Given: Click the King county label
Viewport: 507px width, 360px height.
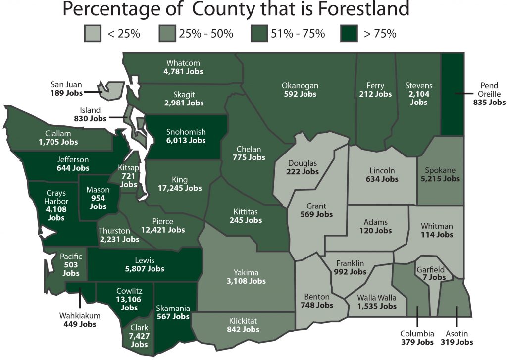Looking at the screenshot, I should coord(179,180).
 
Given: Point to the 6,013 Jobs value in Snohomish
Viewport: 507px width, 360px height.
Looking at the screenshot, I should coord(186,140).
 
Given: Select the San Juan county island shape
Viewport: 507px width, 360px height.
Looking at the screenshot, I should coord(112,90).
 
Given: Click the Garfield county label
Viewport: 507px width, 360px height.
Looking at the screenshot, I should coord(430,270).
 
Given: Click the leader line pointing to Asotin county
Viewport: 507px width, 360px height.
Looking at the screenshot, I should coord(456,315).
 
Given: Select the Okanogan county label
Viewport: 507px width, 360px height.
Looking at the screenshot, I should coord(300,85).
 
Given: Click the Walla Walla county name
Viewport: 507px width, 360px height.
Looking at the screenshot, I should coord(377,298).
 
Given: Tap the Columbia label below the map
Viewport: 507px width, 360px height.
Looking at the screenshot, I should coord(417,333).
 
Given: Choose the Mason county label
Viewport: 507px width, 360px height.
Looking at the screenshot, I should coord(98,189).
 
